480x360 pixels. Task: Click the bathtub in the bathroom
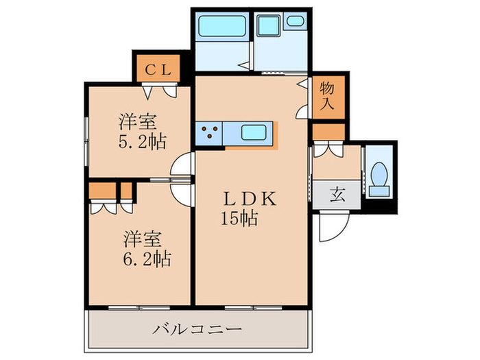point(221,27)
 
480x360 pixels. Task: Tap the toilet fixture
point(379,175)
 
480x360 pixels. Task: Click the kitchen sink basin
point(254,132)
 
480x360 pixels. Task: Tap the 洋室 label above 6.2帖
point(143,239)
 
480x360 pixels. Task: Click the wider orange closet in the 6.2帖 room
point(102,189)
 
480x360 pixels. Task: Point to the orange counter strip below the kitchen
point(253,145)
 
